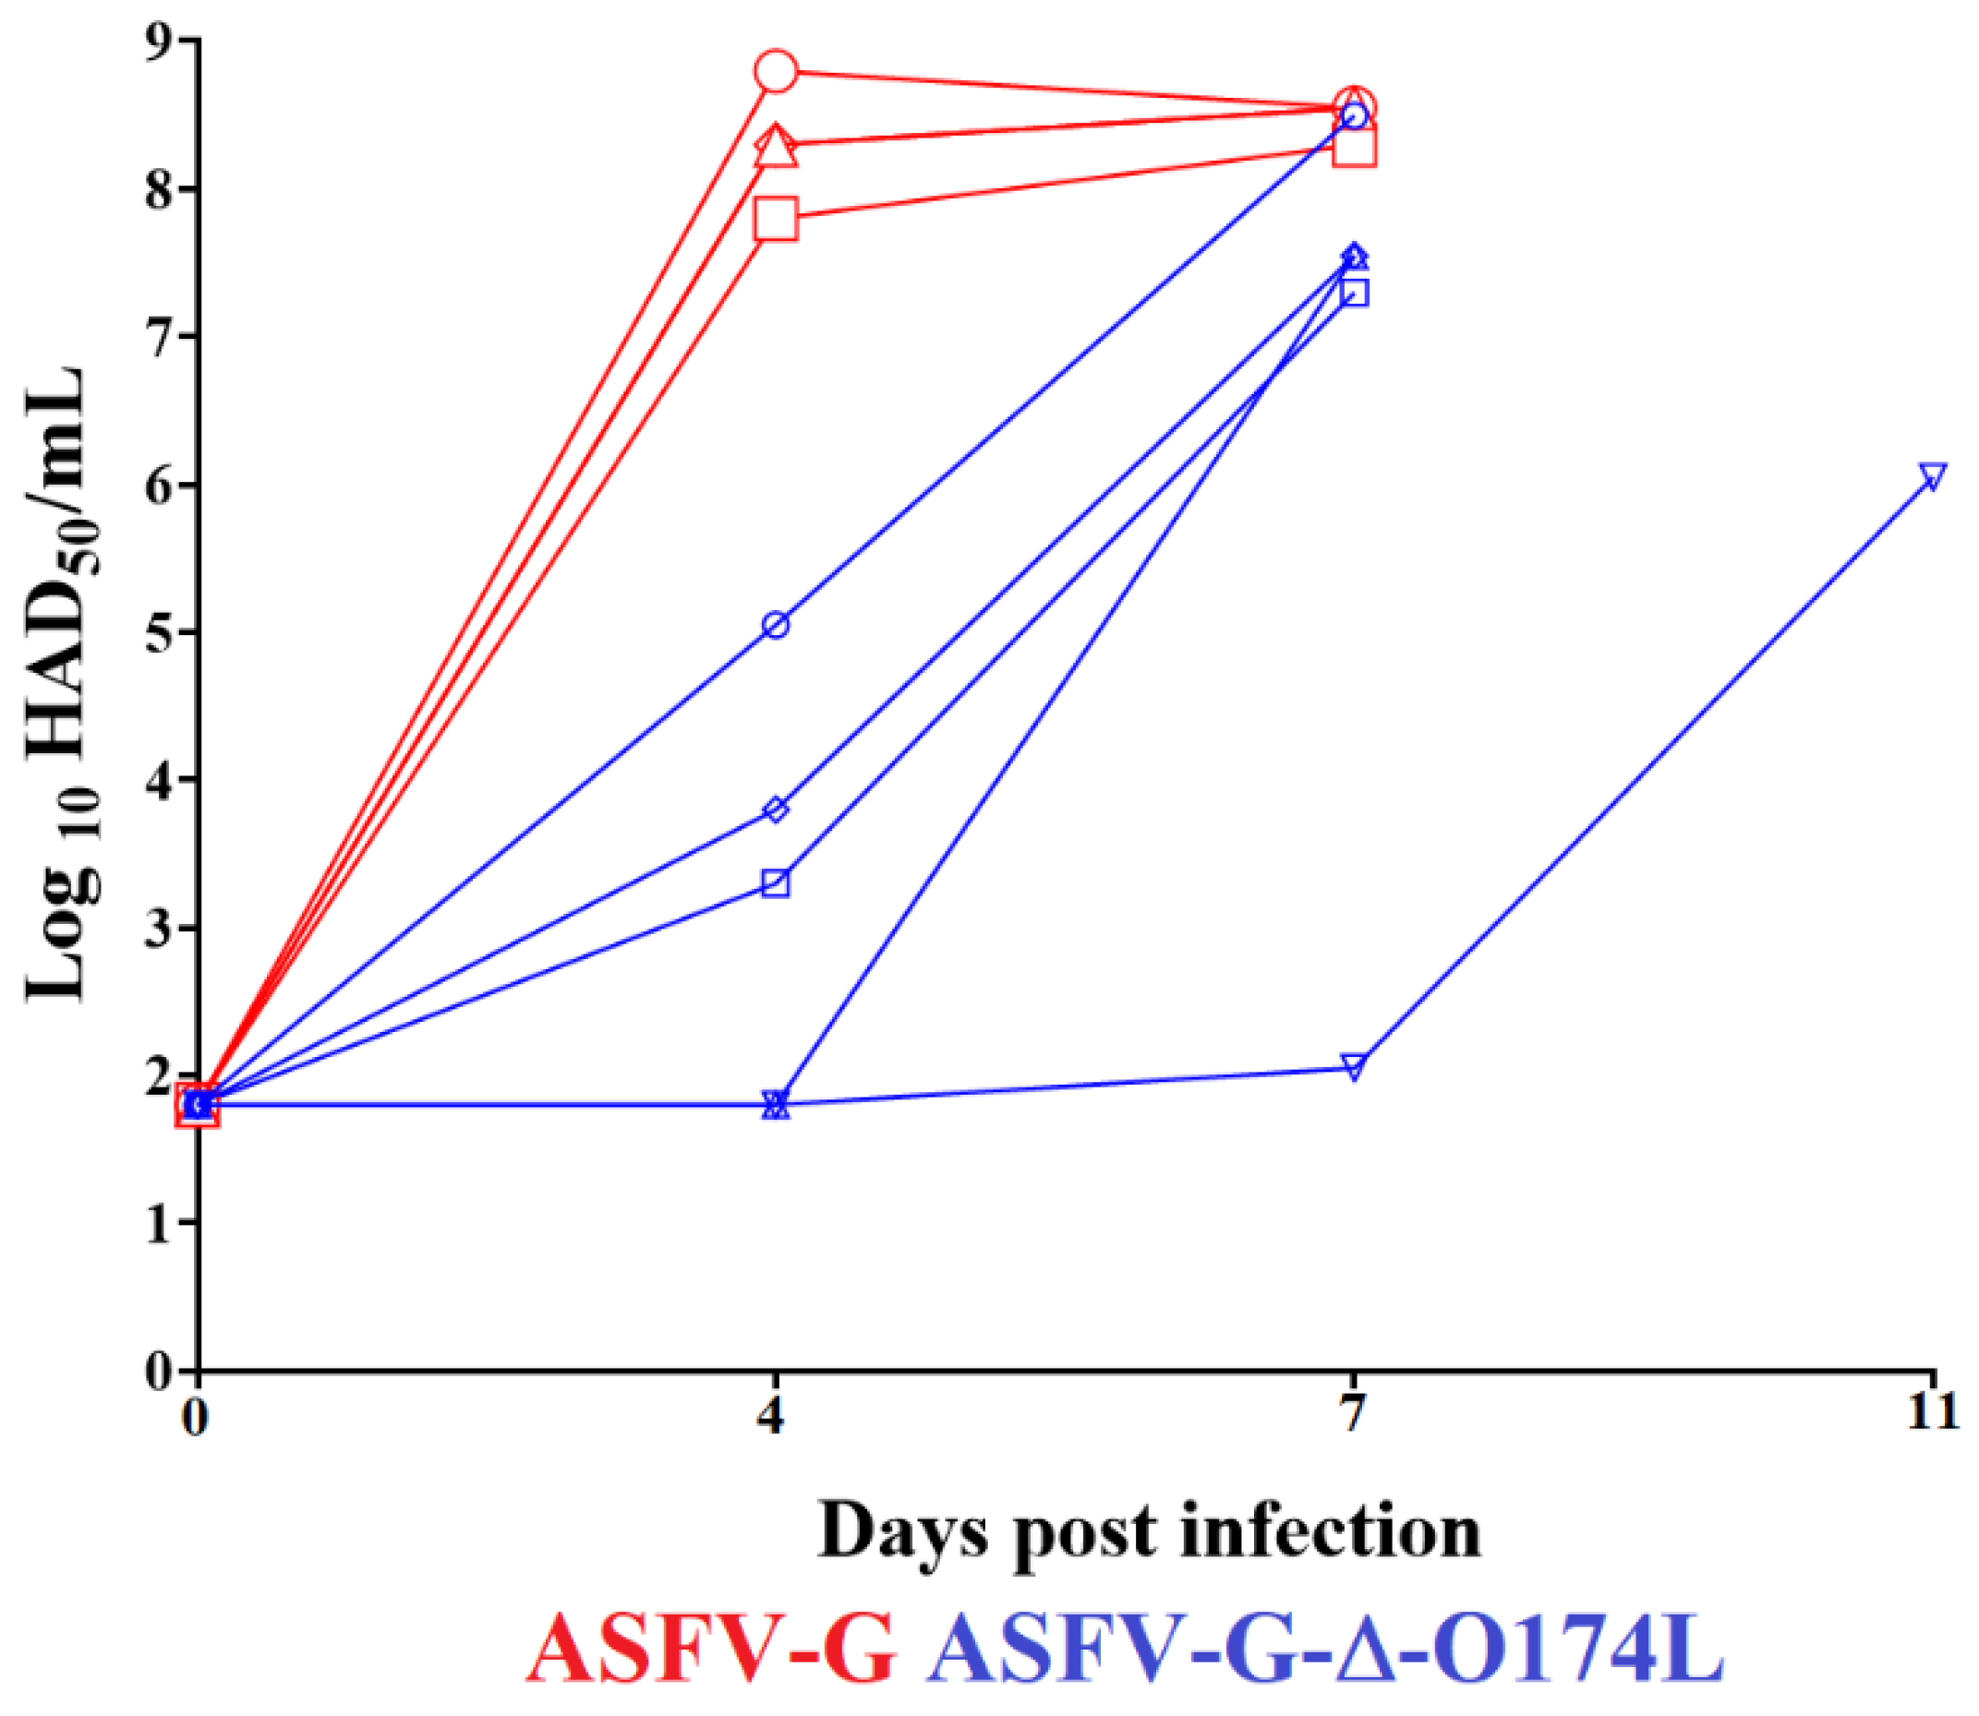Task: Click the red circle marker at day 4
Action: tap(776, 71)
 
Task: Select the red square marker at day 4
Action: tap(776, 220)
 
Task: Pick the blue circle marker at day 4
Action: tap(776, 625)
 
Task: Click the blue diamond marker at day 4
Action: tap(776, 810)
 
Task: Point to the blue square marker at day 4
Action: tap(776, 882)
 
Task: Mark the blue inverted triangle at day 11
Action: tap(1933, 477)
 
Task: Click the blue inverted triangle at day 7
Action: tap(1354, 1067)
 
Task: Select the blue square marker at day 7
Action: tap(1354, 293)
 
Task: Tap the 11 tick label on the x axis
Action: tap(1933, 1412)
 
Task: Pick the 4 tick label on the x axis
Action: tap(773, 1412)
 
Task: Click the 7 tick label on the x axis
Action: tap(1352, 1412)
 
